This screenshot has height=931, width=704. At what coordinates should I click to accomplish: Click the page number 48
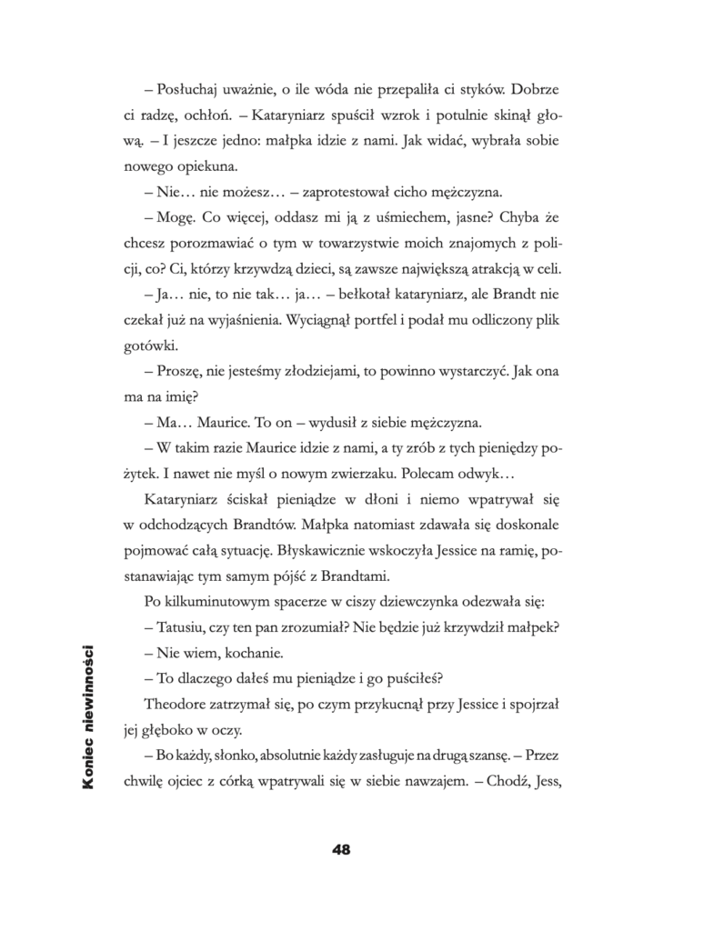point(342,850)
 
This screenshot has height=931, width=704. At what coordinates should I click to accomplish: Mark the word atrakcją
point(495,269)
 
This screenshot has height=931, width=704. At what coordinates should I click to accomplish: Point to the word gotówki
point(152,346)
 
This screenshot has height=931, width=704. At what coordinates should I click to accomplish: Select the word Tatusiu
point(182,626)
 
